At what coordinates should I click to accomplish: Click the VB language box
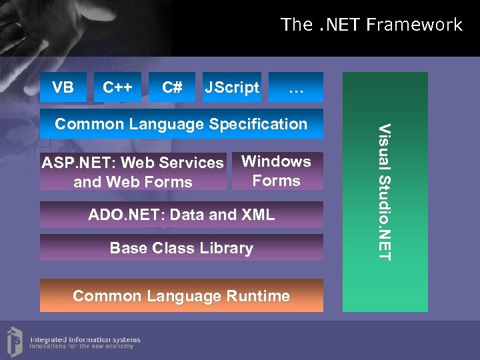tap(63, 87)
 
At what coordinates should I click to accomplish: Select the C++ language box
tap(118, 87)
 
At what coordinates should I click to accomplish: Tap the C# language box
tap(172, 87)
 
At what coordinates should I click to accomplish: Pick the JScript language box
tap(231, 87)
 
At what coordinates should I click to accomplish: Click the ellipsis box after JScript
tap(295, 87)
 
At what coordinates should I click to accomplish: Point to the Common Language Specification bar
tap(181, 124)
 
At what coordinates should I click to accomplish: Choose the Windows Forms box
tap(277, 171)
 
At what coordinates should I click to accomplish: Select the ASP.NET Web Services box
tap(133, 172)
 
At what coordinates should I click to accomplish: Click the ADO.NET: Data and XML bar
tap(181, 215)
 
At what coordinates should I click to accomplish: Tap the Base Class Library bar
tap(181, 248)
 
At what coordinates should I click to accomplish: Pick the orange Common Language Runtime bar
tap(181, 296)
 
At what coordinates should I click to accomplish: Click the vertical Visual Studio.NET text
tap(385, 192)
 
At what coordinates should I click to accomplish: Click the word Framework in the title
tap(415, 25)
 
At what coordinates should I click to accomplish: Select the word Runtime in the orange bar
tap(260, 296)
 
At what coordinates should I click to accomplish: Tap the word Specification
tap(258, 124)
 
